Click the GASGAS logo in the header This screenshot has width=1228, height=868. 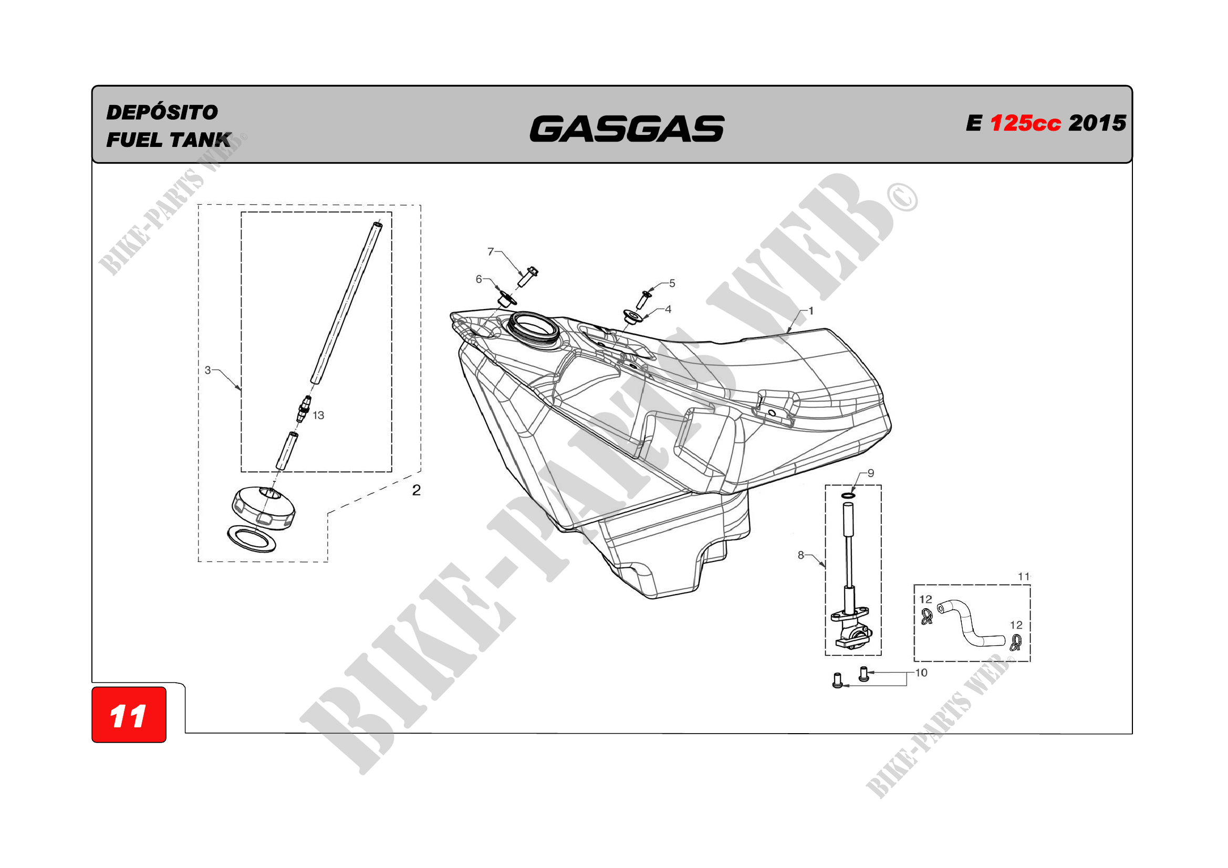click(627, 129)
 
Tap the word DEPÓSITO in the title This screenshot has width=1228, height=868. click(162, 112)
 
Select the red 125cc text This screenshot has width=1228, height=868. click(1025, 123)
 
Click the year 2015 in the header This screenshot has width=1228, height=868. click(1097, 123)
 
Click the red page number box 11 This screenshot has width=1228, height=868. click(129, 715)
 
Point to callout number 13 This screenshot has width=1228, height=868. click(318, 415)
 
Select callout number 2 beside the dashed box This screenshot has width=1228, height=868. click(416, 490)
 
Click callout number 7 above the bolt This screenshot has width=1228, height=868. click(491, 251)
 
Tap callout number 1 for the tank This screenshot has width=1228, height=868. click(811, 311)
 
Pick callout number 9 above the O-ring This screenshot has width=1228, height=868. click(871, 473)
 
